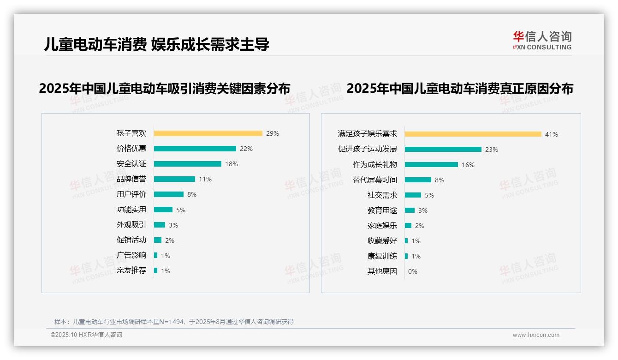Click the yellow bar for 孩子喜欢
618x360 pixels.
pos(208,133)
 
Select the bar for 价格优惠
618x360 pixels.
pos(195,149)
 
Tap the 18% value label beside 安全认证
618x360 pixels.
pos(232,164)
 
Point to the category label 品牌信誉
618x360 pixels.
pos(131,179)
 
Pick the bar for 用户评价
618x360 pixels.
pos(168,194)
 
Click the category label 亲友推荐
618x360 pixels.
pos(131,270)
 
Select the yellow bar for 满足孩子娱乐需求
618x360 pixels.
pos(473,134)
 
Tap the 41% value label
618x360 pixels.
pos(552,134)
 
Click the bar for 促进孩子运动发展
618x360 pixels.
pos(443,150)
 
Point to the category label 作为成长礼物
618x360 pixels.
pos(374,165)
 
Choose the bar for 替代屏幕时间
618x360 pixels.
pos(418,180)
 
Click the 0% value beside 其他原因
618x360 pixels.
pos(413,271)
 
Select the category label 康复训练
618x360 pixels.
pos(382,256)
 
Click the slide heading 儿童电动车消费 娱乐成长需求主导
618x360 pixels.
pos(157,44)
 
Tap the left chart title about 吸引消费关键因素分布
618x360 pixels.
pos(165,89)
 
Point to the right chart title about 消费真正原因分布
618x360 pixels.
pos(460,89)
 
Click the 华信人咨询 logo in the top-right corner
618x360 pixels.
pos(542,41)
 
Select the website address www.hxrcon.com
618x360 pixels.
pos(536,335)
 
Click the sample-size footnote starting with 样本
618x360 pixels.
pos(174,322)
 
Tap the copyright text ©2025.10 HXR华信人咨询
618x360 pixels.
pos(86,335)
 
